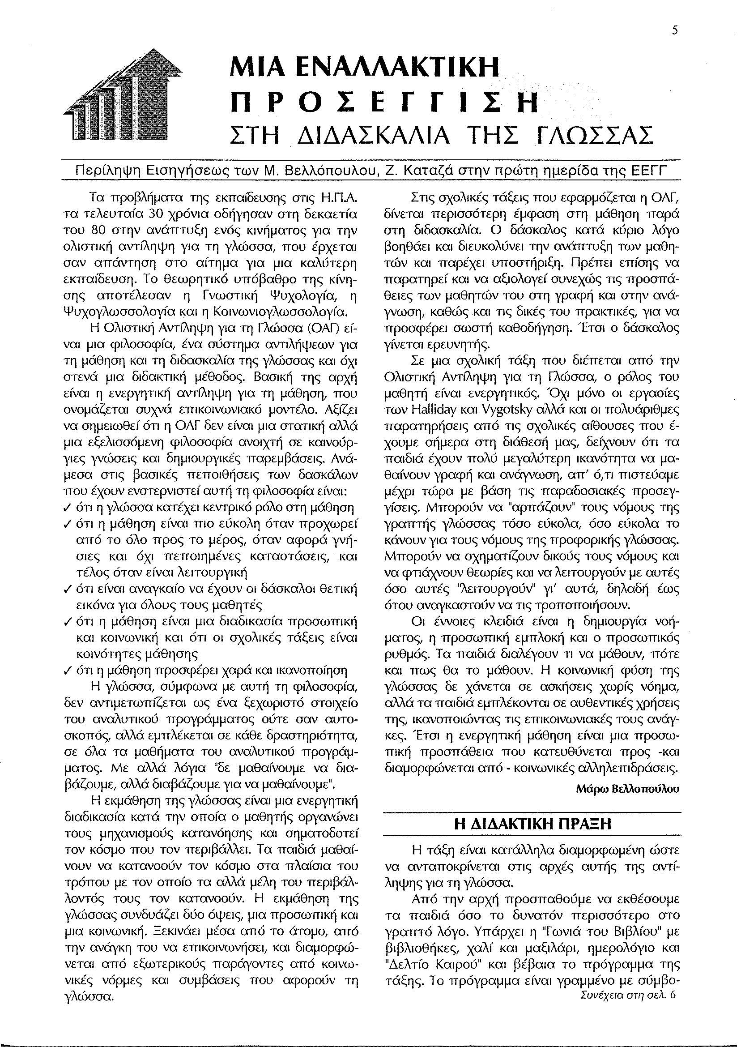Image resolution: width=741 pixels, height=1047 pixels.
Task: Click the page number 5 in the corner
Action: pos(675,30)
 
